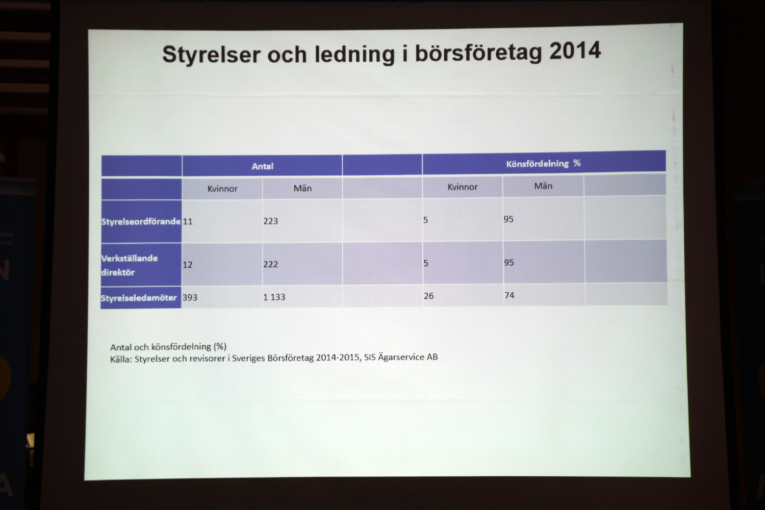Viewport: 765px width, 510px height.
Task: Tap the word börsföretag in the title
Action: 478,53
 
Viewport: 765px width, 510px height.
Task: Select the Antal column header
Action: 262,166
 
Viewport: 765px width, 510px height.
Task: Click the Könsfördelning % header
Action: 543,164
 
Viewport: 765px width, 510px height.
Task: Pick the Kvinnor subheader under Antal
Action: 222,189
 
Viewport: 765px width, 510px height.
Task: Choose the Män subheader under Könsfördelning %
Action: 543,186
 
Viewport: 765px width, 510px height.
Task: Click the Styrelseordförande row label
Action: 141,222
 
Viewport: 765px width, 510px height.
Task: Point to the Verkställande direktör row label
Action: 130,265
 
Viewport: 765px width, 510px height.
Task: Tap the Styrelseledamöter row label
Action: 139,298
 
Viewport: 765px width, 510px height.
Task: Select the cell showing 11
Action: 188,221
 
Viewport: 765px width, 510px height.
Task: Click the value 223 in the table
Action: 270,221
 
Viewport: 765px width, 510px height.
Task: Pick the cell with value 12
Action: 188,265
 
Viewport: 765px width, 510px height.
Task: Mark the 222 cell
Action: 270,264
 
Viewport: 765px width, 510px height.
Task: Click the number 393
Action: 190,297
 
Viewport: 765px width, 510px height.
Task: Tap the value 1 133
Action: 274,297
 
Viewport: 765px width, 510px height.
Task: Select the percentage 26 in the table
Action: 428,296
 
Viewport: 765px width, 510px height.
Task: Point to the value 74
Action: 509,295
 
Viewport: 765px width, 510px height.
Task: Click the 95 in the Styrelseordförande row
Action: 508,219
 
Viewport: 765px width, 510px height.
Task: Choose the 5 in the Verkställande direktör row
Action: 425,263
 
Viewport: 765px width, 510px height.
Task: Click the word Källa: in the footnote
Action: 121,360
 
